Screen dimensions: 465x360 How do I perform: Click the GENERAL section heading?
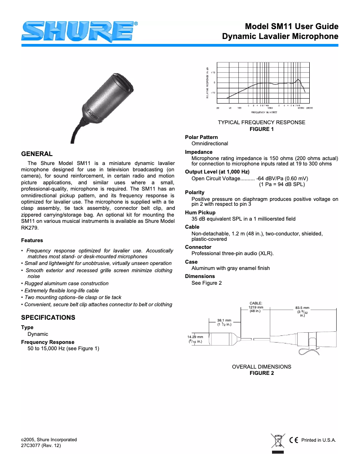[37, 153]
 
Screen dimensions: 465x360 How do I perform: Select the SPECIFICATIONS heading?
[48, 317]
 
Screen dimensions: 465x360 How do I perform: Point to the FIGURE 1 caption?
[261, 129]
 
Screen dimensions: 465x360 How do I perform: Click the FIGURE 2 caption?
[261, 373]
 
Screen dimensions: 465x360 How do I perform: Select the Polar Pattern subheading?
[201, 137]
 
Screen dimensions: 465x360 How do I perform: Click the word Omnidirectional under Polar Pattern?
[210, 143]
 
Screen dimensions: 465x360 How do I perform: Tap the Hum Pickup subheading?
[200, 213]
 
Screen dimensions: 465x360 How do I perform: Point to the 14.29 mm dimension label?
[195, 339]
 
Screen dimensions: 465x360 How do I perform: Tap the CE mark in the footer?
[294, 440]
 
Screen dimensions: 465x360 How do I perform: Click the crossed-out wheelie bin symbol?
[278, 441]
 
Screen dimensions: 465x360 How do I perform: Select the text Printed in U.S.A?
[318, 440]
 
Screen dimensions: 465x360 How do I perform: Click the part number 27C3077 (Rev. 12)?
[41, 446]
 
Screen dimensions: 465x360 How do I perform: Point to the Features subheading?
[32, 240]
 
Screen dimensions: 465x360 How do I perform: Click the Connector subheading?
[198, 247]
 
